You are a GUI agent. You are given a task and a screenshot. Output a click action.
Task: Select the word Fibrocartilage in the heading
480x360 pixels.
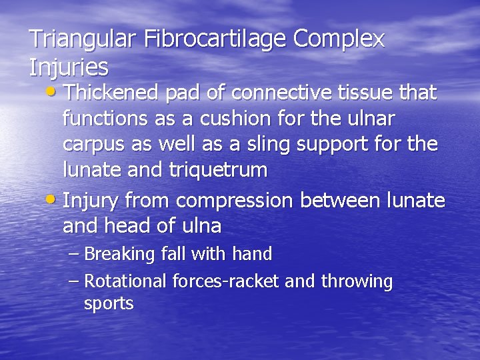214,39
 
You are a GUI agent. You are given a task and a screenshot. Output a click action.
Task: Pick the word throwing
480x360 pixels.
357,281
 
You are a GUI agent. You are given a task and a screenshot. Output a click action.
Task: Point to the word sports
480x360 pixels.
109,304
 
